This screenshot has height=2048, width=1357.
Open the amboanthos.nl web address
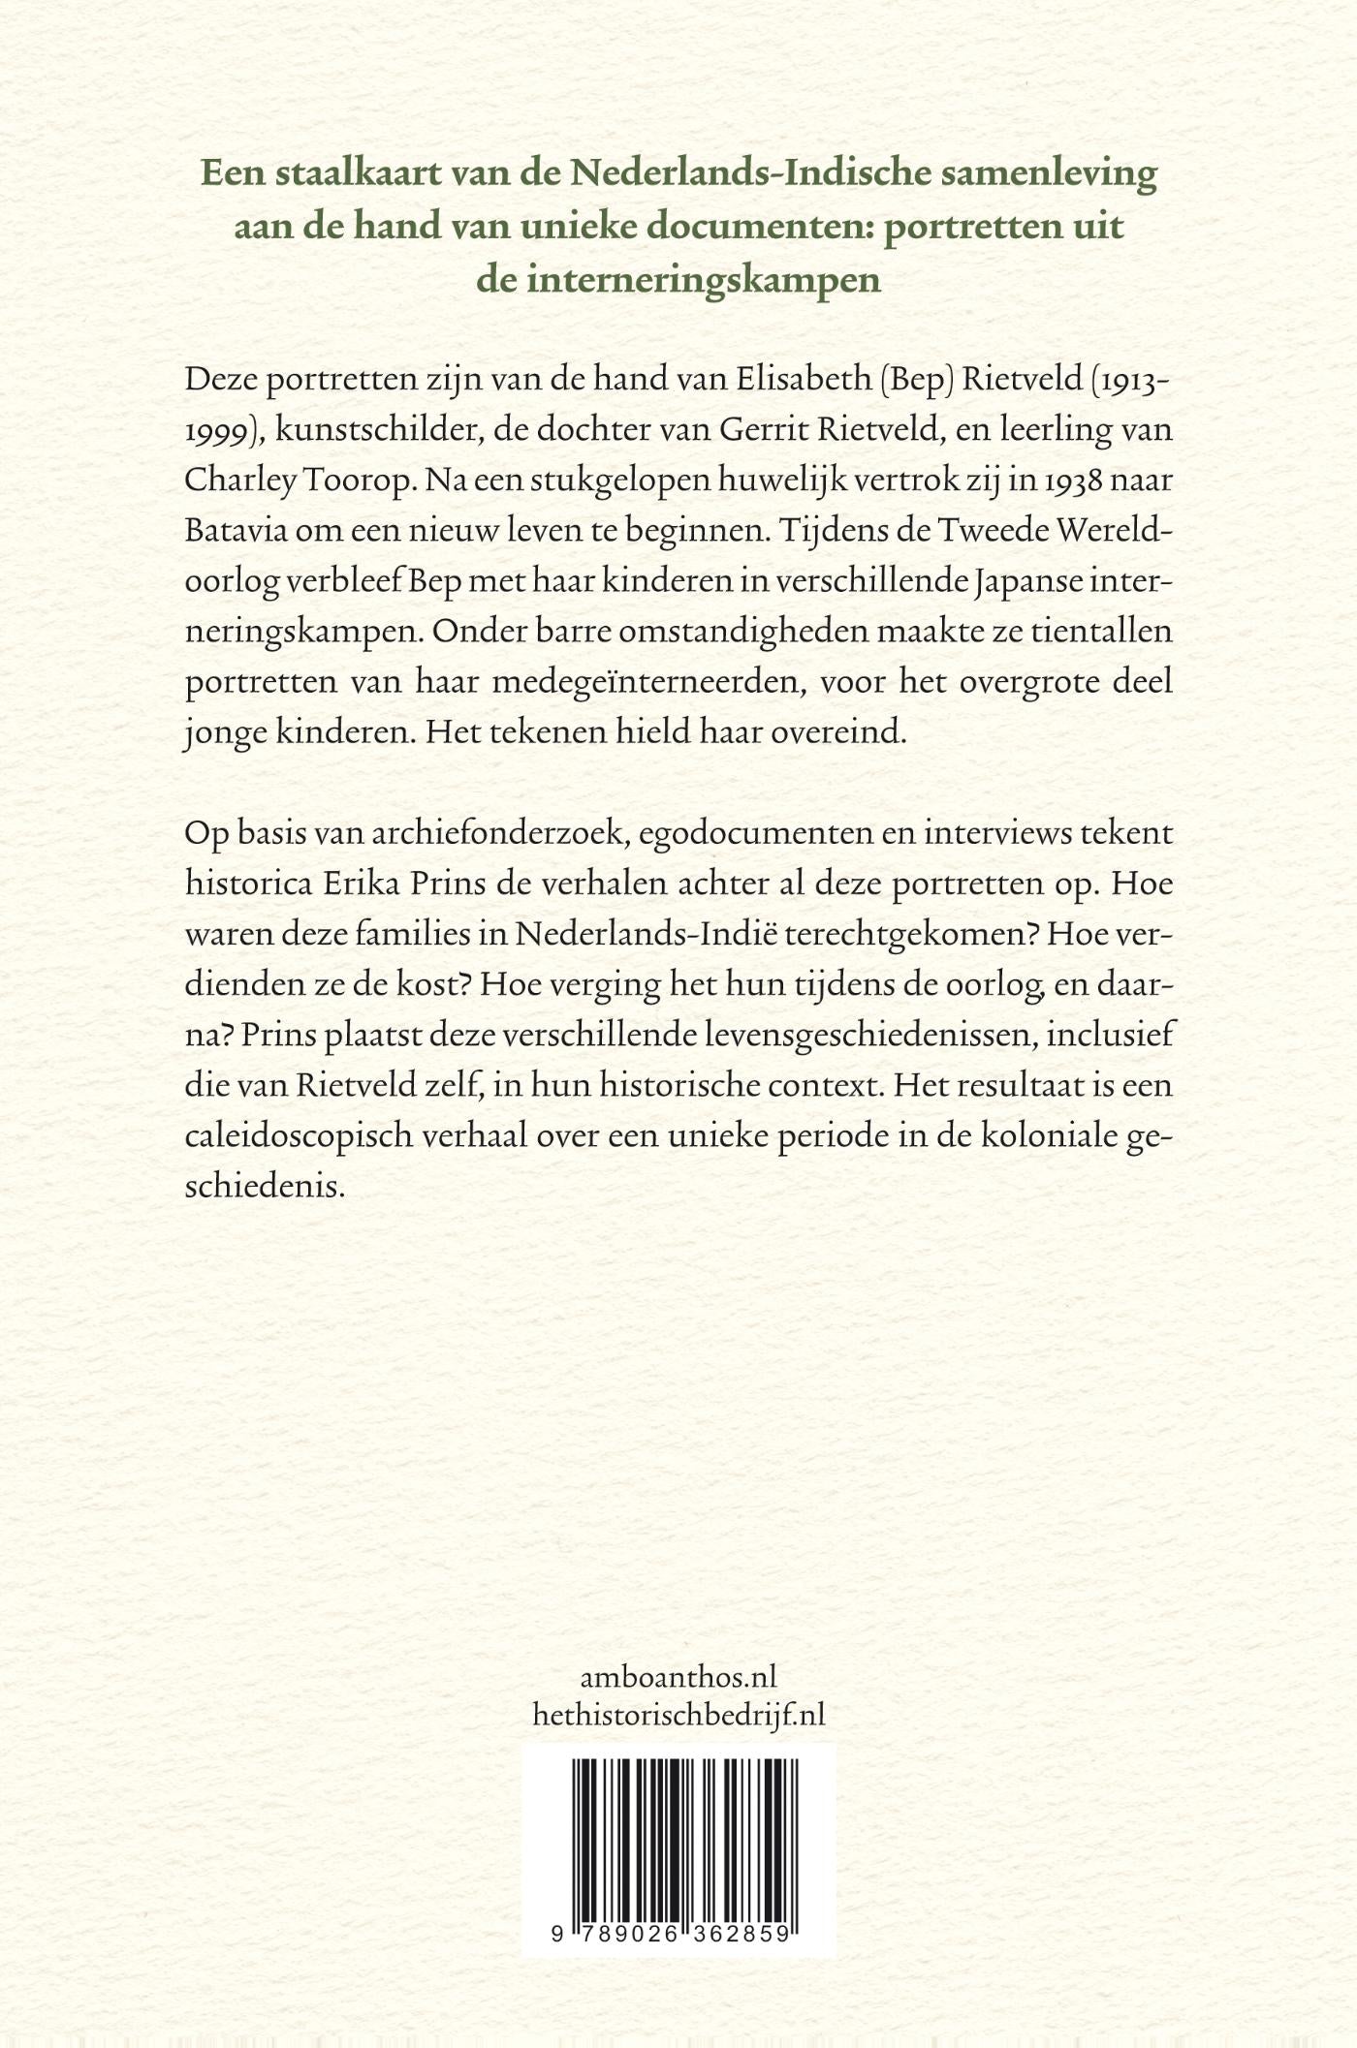tap(678, 1677)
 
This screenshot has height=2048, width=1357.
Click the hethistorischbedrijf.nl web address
tap(678, 1716)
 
